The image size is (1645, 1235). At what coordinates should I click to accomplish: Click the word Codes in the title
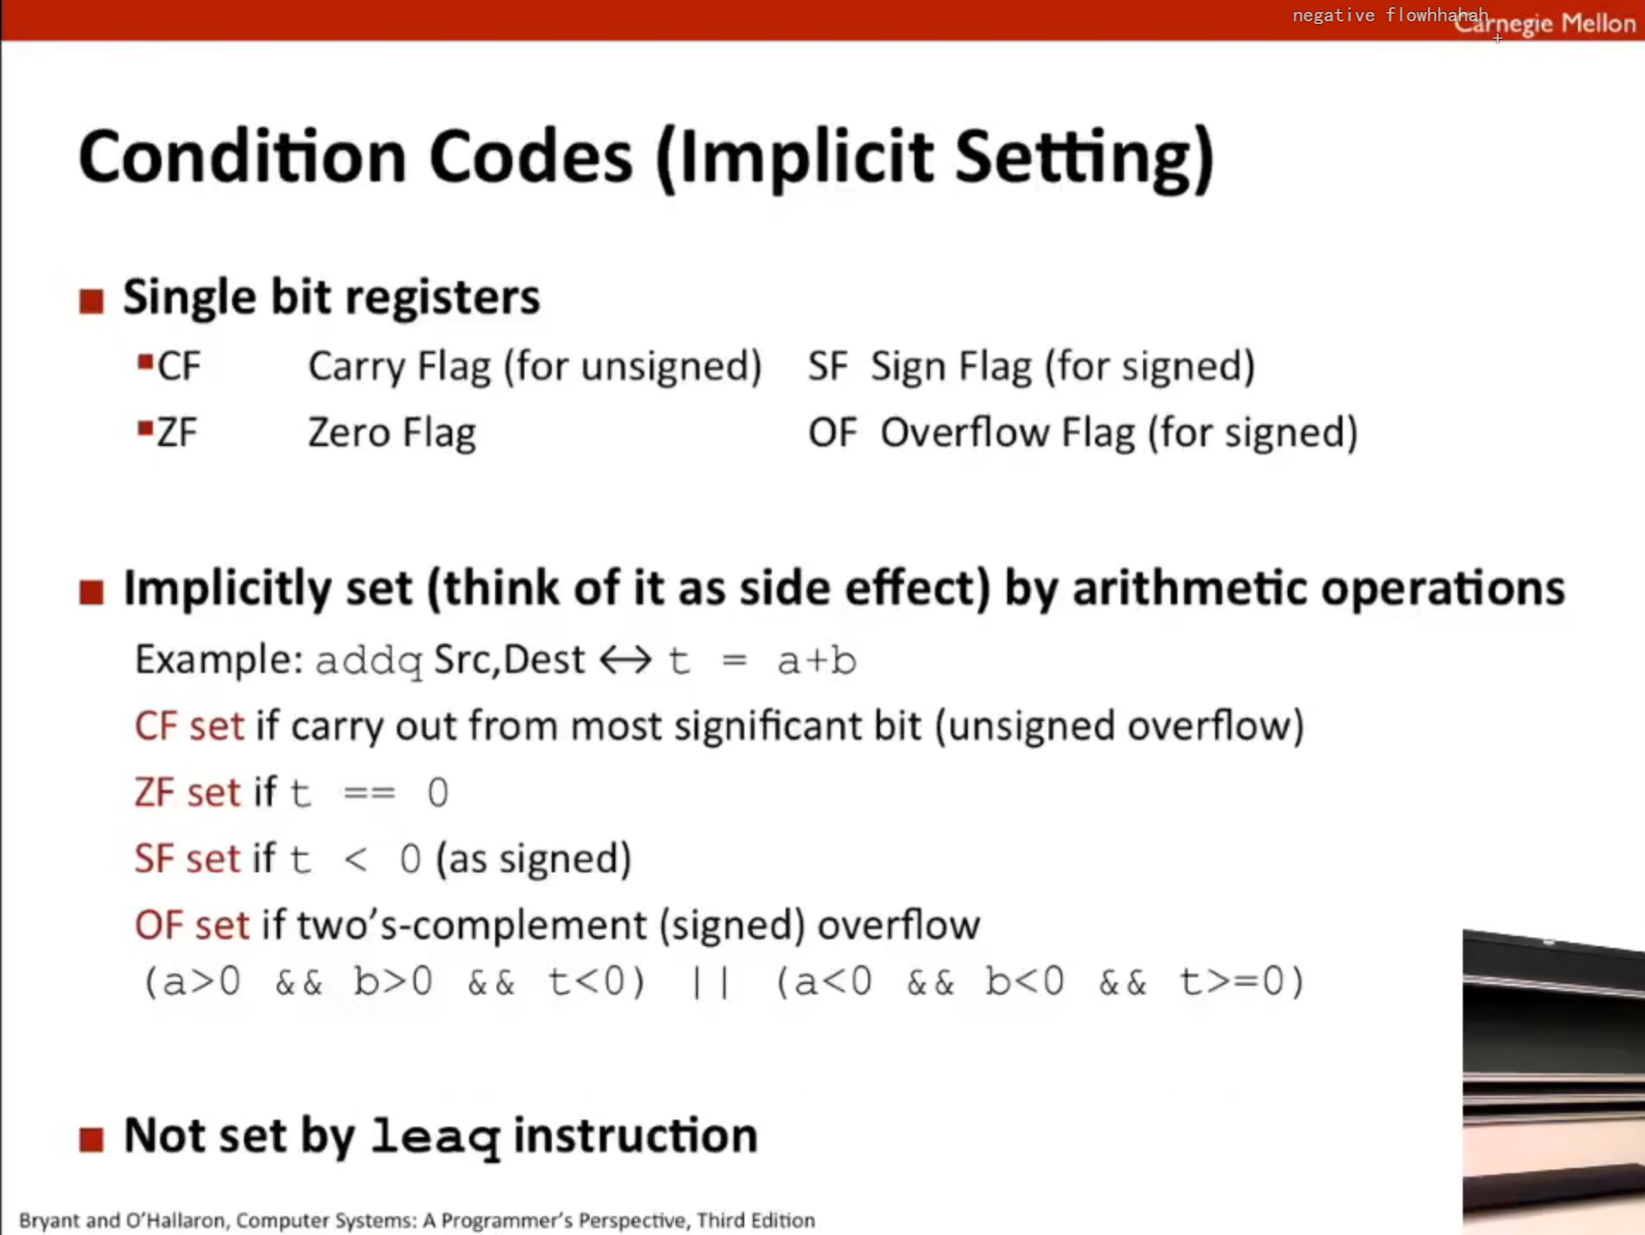coord(530,157)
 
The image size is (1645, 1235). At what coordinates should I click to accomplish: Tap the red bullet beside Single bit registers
coord(91,301)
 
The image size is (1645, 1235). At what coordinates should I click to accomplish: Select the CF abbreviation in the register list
coord(179,367)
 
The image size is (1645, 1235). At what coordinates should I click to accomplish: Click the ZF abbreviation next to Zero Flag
coord(177,432)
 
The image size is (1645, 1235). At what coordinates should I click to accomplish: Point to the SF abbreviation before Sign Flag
coord(829,367)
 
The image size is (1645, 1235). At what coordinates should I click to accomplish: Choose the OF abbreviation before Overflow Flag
coord(833,432)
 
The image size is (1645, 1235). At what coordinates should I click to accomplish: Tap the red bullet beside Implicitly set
coord(91,592)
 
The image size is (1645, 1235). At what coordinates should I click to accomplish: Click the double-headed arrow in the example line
coord(626,660)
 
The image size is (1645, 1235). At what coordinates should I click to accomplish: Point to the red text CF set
coord(189,726)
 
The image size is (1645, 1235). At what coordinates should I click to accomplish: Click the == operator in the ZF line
coord(370,792)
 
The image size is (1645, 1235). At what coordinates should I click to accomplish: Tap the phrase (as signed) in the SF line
coord(534,859)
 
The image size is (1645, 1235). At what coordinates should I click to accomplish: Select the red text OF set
coord(192,926)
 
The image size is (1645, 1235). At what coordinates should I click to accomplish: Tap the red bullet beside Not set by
coord(91,1140)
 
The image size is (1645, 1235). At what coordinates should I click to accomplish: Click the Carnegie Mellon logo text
coord(1545,23)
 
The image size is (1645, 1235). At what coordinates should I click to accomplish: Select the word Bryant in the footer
coord(49,1220)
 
